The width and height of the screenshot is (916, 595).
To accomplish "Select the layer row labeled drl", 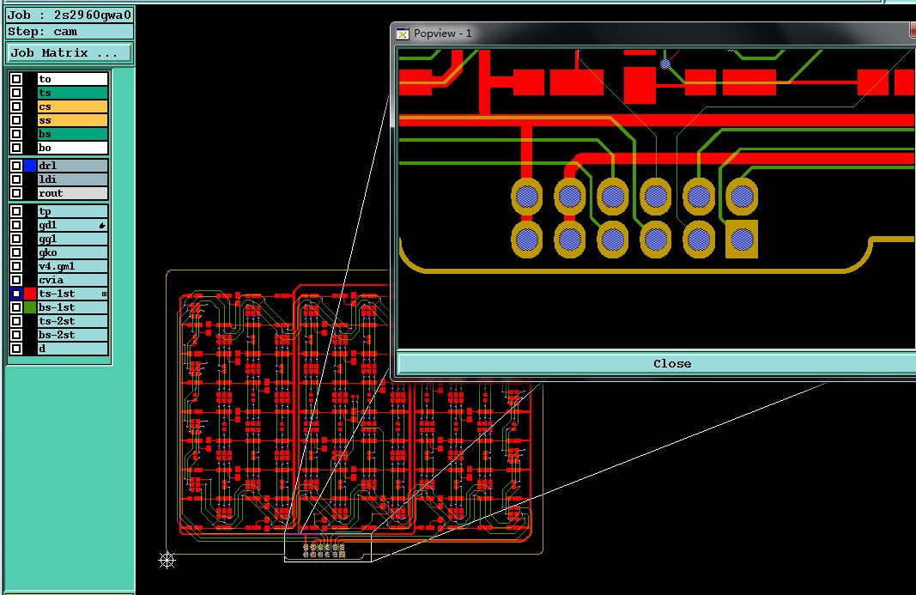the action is tap(72, 166).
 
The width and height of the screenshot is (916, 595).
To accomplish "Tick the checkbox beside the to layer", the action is tap(16, 79).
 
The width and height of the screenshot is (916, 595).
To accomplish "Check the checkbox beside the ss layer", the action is tap(16, 120).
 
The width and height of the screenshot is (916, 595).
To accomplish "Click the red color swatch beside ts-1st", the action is tap(30, 294).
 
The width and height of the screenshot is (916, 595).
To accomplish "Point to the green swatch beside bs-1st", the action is tap(30, 307).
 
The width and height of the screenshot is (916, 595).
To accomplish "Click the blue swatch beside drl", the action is tap(30, 166).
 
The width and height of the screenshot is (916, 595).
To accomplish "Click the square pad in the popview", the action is tap(742, 239).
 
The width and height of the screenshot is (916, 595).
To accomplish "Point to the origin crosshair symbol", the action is tap(167, 560).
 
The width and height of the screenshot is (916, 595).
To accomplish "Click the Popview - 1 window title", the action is tap(443, 33).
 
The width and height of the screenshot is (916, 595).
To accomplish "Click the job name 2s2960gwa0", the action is tap(93, 15).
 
